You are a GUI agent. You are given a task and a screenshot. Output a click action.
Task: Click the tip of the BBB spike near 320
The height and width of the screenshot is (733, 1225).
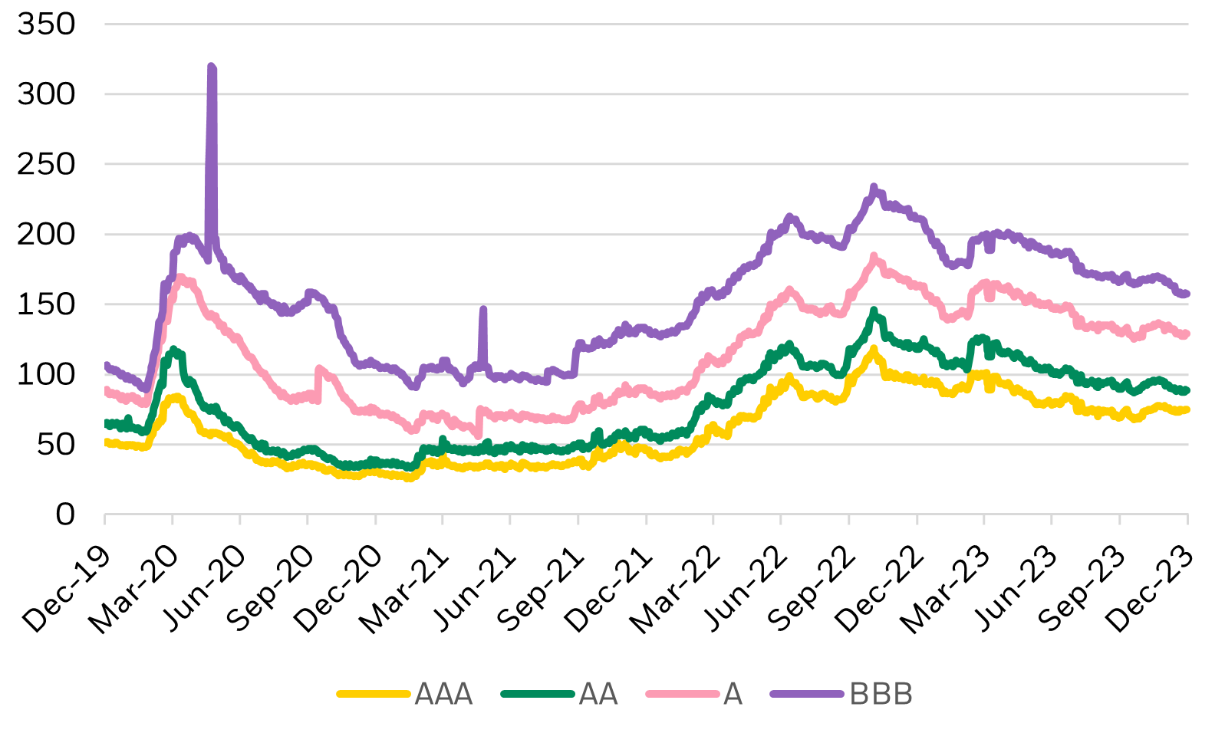click(x=212, y=67)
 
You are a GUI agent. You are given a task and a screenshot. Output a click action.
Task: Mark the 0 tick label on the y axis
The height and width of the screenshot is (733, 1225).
click(x=65, y=514)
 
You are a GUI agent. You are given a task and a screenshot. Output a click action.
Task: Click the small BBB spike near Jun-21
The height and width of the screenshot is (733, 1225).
click(x=482, y=309)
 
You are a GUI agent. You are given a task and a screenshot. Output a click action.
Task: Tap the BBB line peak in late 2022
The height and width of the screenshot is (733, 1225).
click(x=874, y=187)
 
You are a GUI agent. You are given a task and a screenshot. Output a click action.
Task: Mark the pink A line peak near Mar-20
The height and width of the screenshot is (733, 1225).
click(x=180, y=278)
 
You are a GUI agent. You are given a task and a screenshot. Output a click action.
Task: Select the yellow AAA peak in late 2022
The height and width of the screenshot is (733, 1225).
click(x=873, y=350)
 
